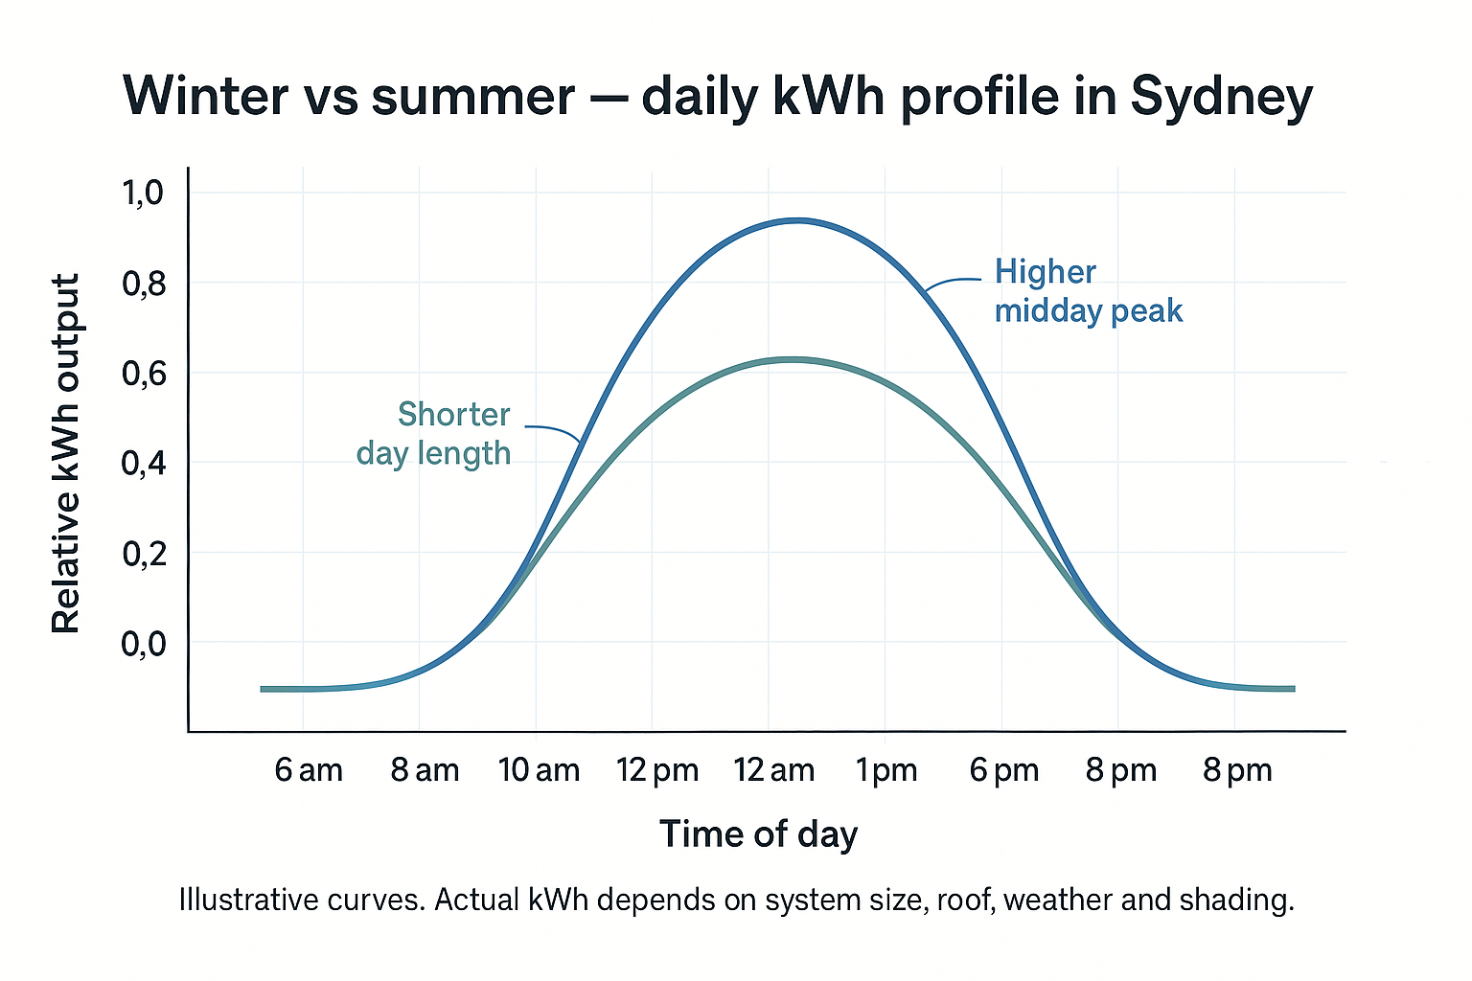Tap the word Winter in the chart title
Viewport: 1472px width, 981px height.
(x=206, y=96)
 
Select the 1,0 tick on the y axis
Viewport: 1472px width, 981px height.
(x=143, y=194)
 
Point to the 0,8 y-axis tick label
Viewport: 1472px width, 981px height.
(x=143, y=284)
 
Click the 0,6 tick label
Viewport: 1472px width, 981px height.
(x=143, y=374)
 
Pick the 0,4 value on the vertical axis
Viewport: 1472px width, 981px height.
(x=143, y=464)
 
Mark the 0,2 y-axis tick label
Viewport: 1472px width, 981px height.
(x=143, y=554)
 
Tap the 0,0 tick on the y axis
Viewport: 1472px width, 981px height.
(x=143, y=644)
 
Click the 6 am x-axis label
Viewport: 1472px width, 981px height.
(x=309, y=770)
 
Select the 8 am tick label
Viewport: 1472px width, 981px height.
(x=425, y=770)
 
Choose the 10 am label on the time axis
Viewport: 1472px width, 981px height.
(x=539, y=770)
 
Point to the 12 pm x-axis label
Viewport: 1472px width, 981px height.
(x=657, y=770)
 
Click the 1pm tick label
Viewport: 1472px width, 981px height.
(x=886, y=770)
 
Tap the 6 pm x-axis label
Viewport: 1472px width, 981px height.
(x=1004, y=770)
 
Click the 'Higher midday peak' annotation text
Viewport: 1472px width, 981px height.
(x=1088, y=291)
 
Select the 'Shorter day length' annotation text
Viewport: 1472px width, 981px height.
(x=434, y=433)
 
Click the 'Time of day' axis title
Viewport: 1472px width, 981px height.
(x=758, y=833)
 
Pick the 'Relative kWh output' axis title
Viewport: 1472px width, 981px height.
(x=65, y=454)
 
